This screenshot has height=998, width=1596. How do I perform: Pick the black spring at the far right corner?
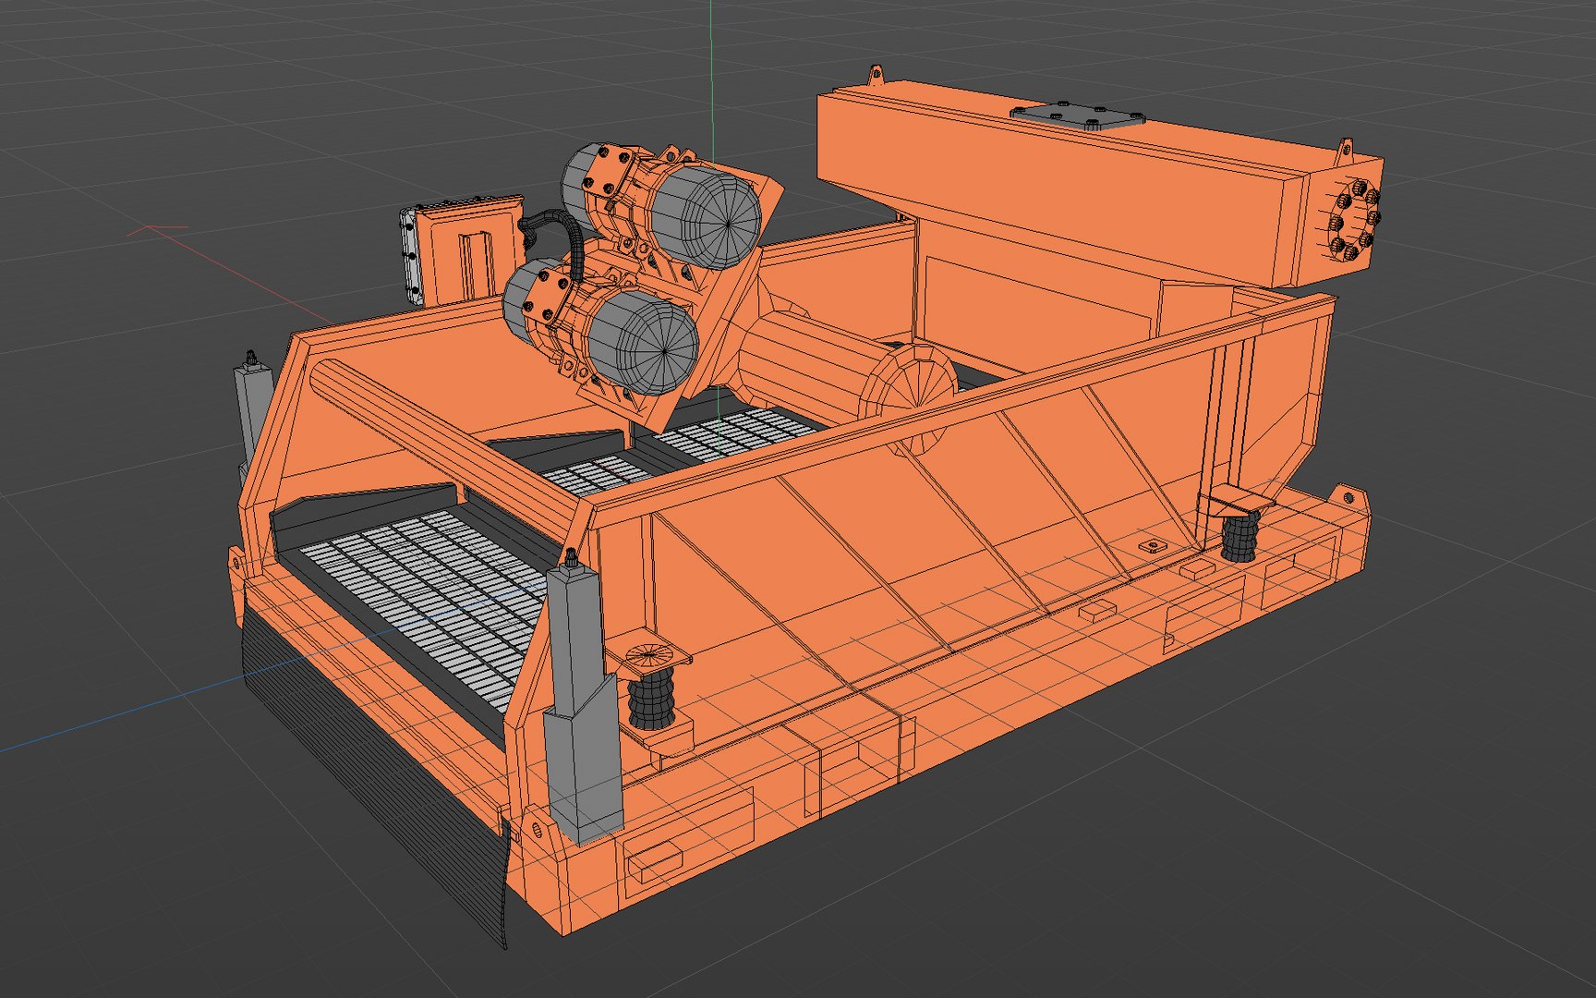coord(1239,538)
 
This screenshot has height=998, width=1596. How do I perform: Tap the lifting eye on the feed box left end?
coord(874,74)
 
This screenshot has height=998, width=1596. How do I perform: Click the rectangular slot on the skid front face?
coord(655,858)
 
